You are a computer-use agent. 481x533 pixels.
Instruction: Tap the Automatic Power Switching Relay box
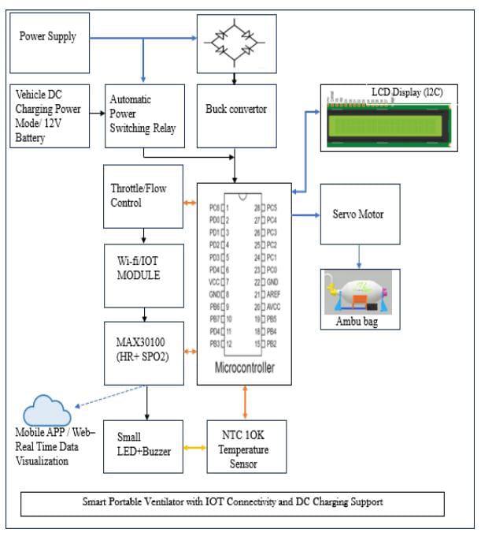(144, 116)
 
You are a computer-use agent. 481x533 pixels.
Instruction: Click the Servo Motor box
(360, 214)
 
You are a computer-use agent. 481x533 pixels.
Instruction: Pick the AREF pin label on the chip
(274, 293)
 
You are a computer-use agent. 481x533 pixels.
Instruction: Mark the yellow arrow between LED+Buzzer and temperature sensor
(194, 447)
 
